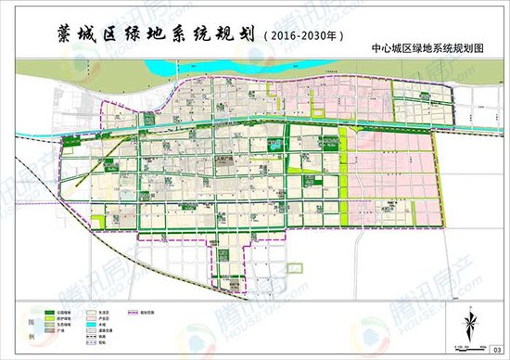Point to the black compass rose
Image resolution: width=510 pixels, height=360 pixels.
(x=469, y=326)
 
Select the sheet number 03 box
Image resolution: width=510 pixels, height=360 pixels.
(x=495, y=348)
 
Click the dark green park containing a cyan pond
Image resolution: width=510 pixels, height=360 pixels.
(x=276, y=145)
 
